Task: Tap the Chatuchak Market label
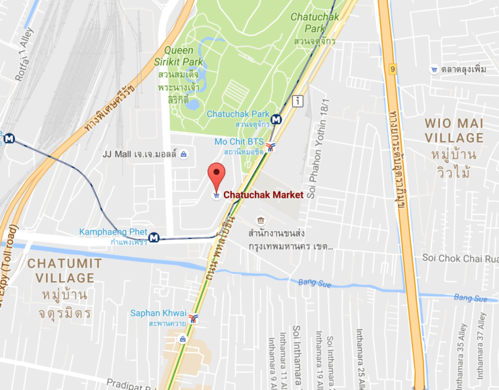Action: click(x=263, y=194)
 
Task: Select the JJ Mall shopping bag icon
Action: click(x=183, y=154)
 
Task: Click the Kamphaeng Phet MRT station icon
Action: click(x=154, y=237)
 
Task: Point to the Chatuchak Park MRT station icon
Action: click(x=277, y=119)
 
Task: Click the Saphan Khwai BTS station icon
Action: click(x=193, y=318)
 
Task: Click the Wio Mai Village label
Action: click(x=454, y=130)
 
